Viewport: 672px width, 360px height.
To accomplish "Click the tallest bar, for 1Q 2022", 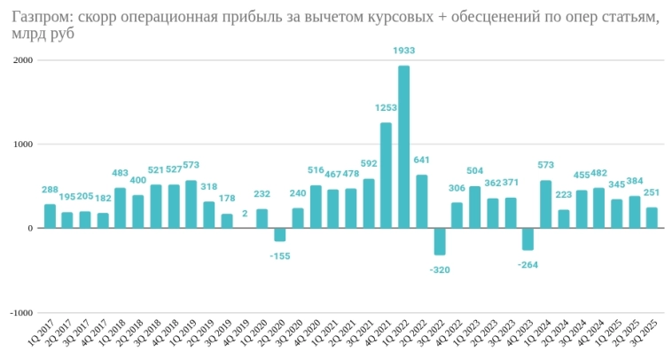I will coord(404,146).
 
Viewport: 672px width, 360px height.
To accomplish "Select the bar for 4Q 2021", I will coord(387,176).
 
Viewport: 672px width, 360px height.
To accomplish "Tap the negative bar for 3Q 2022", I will coord(440,241).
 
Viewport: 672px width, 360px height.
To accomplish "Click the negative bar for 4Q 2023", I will coord(528,239).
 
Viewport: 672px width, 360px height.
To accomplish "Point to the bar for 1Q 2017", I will coord(50,216).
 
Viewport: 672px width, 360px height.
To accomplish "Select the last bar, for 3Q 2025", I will coord(652,218).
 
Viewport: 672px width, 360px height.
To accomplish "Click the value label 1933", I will coord(404,51).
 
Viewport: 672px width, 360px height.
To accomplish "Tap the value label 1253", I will coord(386,108).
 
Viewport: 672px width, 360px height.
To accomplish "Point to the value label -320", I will coord(439,270).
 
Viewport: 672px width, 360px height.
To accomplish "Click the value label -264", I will coord(528,264).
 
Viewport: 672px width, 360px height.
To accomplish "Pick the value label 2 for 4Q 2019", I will coord(244,214).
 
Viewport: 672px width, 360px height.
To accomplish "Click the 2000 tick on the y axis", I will coord(21,60).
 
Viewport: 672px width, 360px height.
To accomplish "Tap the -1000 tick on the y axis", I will coord(20,313).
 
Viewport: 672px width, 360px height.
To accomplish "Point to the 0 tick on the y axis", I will coord(29,229).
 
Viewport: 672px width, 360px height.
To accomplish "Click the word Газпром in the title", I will coord(42,18).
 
